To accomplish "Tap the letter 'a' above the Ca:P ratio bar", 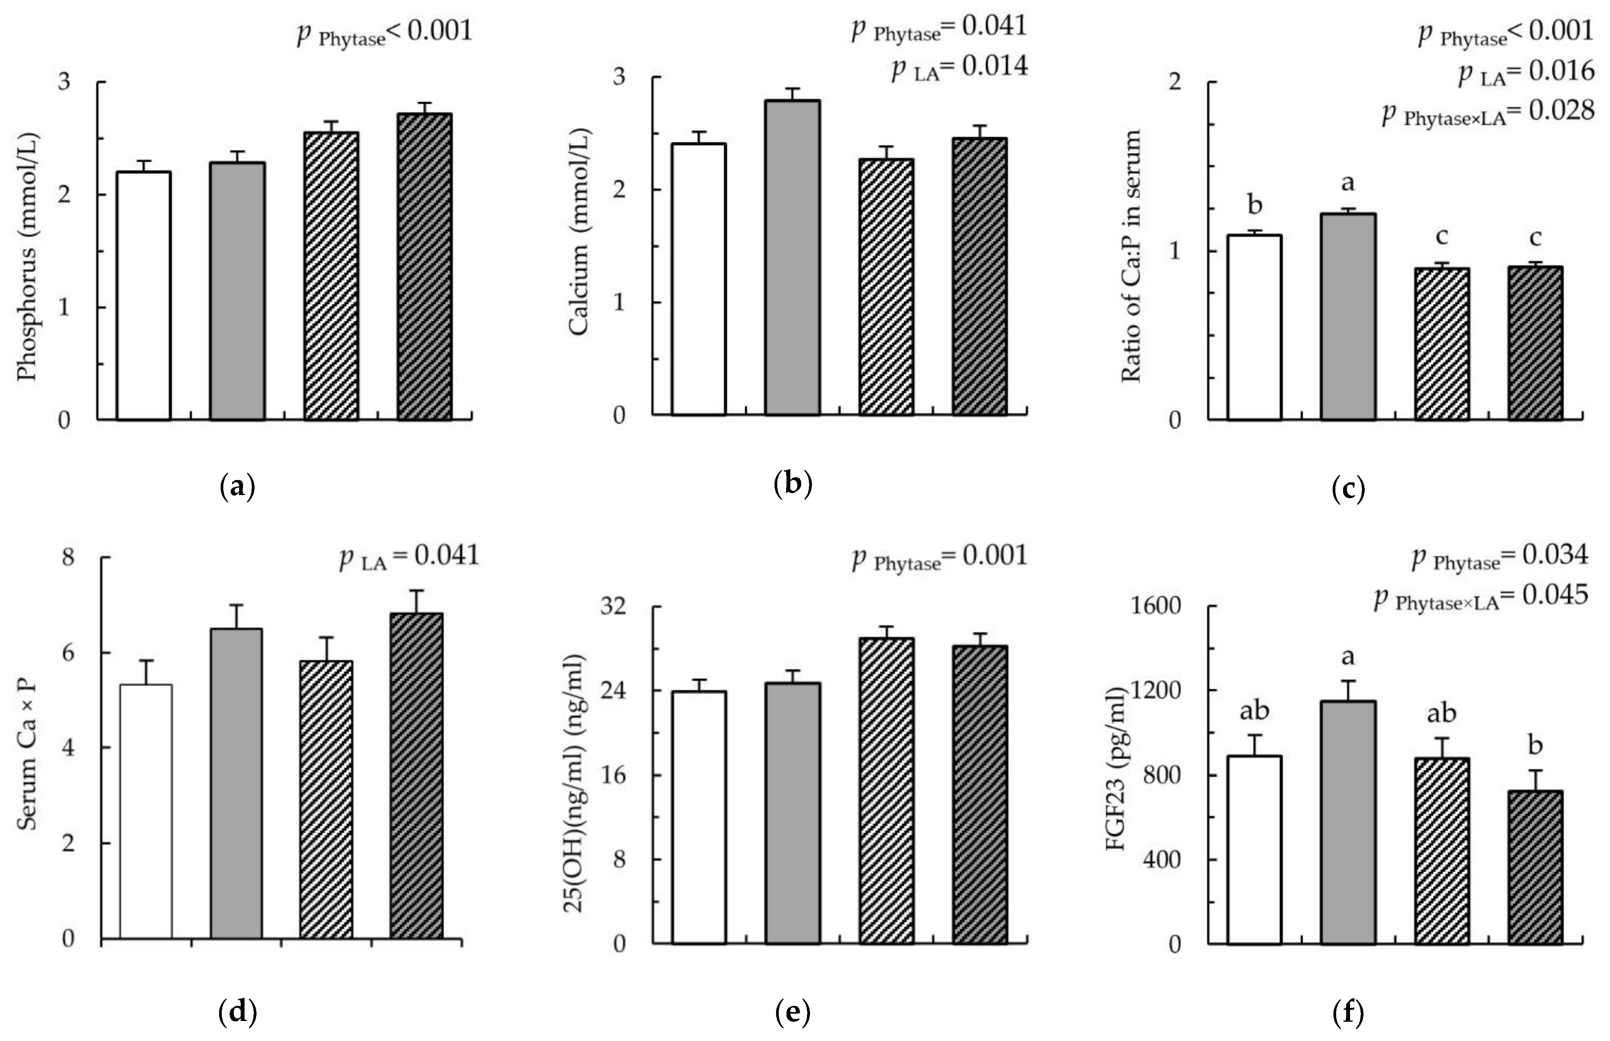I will (x=1348, y=182).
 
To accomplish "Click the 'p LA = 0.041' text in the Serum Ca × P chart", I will (x=409, y=557).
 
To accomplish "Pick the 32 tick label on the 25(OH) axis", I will (x=613, y=606).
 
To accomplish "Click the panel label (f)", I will (x=1348, y=1012).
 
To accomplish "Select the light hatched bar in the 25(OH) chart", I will (x=886, y=791).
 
